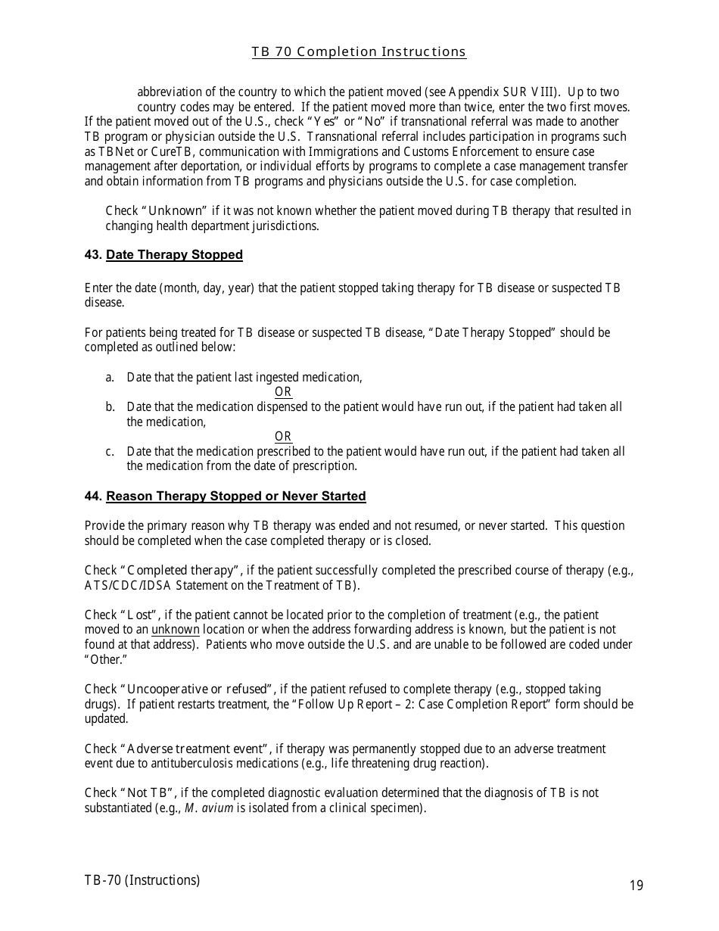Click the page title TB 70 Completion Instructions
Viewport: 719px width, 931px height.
(x=359, y=52)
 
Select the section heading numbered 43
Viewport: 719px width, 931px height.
(x=163, y=255)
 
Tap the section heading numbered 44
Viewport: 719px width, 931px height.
(x=225, y=497)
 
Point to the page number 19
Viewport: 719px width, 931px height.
(x=636, y=886)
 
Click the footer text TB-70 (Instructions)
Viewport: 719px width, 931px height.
(x=142, y=880)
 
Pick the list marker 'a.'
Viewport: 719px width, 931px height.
(x=110, y=378)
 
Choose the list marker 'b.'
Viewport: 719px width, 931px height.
(x=110, y=407)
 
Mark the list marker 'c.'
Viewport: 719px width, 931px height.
(x=110, y=452)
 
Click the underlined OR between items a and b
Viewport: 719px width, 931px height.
(x=283, y=392)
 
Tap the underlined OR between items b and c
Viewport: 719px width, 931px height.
(x=283, y=437)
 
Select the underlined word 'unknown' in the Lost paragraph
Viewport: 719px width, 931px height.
(x=176, y=630)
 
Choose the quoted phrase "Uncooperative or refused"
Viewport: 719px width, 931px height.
(x=198, y=690)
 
